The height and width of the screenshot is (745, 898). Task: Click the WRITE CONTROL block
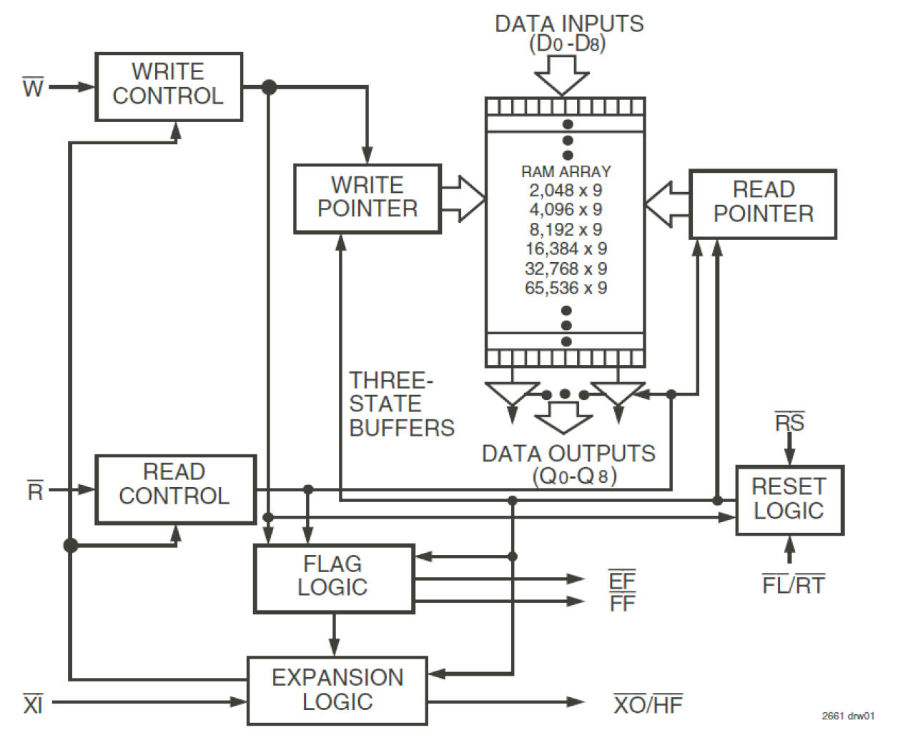(169, 86)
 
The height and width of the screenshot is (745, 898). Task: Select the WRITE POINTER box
(367, 199)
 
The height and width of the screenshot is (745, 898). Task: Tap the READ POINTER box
(763, 204)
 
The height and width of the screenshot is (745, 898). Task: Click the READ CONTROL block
(175, 489)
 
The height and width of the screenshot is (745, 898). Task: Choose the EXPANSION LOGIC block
(337, 691)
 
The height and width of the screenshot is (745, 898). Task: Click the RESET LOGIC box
(789, 500)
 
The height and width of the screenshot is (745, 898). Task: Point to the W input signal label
(33, 88)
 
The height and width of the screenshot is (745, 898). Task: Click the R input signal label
(35, 491)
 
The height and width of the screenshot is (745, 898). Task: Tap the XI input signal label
(33, 704)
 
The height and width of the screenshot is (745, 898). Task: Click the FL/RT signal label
(793, 585)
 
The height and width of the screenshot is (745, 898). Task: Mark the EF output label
(621, 580)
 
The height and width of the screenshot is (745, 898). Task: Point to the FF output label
(622, 604)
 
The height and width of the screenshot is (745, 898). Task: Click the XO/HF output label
(648, 704)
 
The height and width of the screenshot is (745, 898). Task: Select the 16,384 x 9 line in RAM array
(566, 249)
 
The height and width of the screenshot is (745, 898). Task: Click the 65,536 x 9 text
(566, 288)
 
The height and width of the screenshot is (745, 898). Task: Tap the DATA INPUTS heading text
(569, 24)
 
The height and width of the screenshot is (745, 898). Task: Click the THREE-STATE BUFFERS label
(401, 404)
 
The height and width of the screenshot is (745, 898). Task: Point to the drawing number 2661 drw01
(848, 716)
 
